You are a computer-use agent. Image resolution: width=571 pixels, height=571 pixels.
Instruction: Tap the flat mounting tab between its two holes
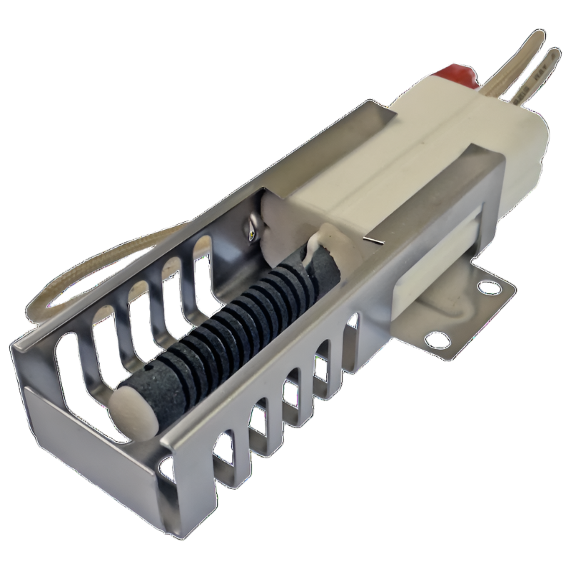[x=464, y=314]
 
